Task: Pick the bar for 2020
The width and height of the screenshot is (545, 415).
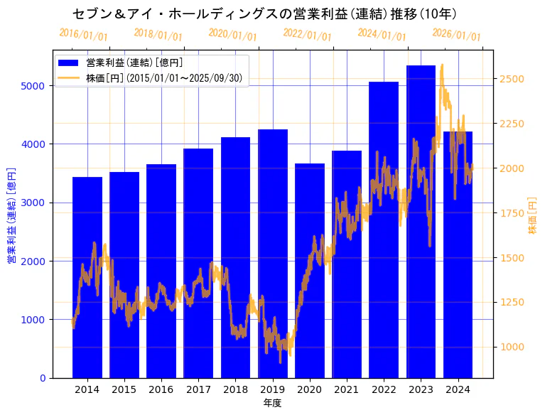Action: click(310, 270)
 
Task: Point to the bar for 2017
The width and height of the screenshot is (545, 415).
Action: click(198, 263)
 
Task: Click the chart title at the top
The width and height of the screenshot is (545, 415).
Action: click(264, 14)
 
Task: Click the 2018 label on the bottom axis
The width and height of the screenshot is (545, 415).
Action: click(235, 389)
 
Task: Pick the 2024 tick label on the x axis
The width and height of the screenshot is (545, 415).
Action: click(458, 389)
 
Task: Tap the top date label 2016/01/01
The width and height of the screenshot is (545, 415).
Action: click(83, 35)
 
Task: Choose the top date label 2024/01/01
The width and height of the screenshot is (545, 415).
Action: click(382, 35)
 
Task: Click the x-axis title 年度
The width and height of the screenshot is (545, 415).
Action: click(272, 403)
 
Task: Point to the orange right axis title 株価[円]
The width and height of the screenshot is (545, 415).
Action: click(533, 216)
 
